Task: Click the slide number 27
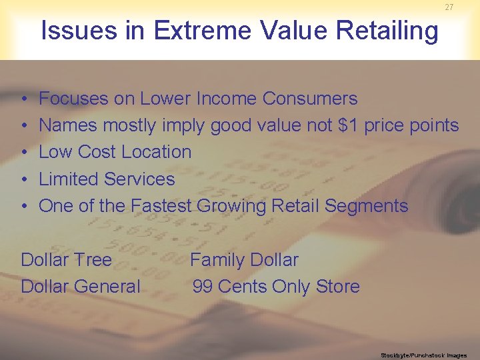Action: point(449,7)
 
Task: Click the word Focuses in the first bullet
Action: point(73,99)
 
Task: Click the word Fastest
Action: point(161,205)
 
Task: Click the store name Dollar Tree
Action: point(67,259)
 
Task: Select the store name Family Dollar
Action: point(244,259)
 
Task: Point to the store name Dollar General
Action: point(81,287)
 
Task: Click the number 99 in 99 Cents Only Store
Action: point(203,287)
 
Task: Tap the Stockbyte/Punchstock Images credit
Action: point(423,355)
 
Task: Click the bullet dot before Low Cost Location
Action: point(24,153)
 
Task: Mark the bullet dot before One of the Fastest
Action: point(24,206)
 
